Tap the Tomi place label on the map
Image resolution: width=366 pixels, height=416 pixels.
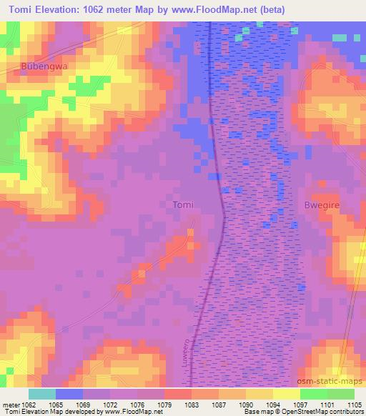[184, 205]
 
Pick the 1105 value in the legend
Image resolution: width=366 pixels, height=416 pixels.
[354, 404]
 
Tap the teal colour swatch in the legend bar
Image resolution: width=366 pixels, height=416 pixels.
[41, 394]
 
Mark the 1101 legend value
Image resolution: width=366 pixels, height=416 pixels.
[327, 404]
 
